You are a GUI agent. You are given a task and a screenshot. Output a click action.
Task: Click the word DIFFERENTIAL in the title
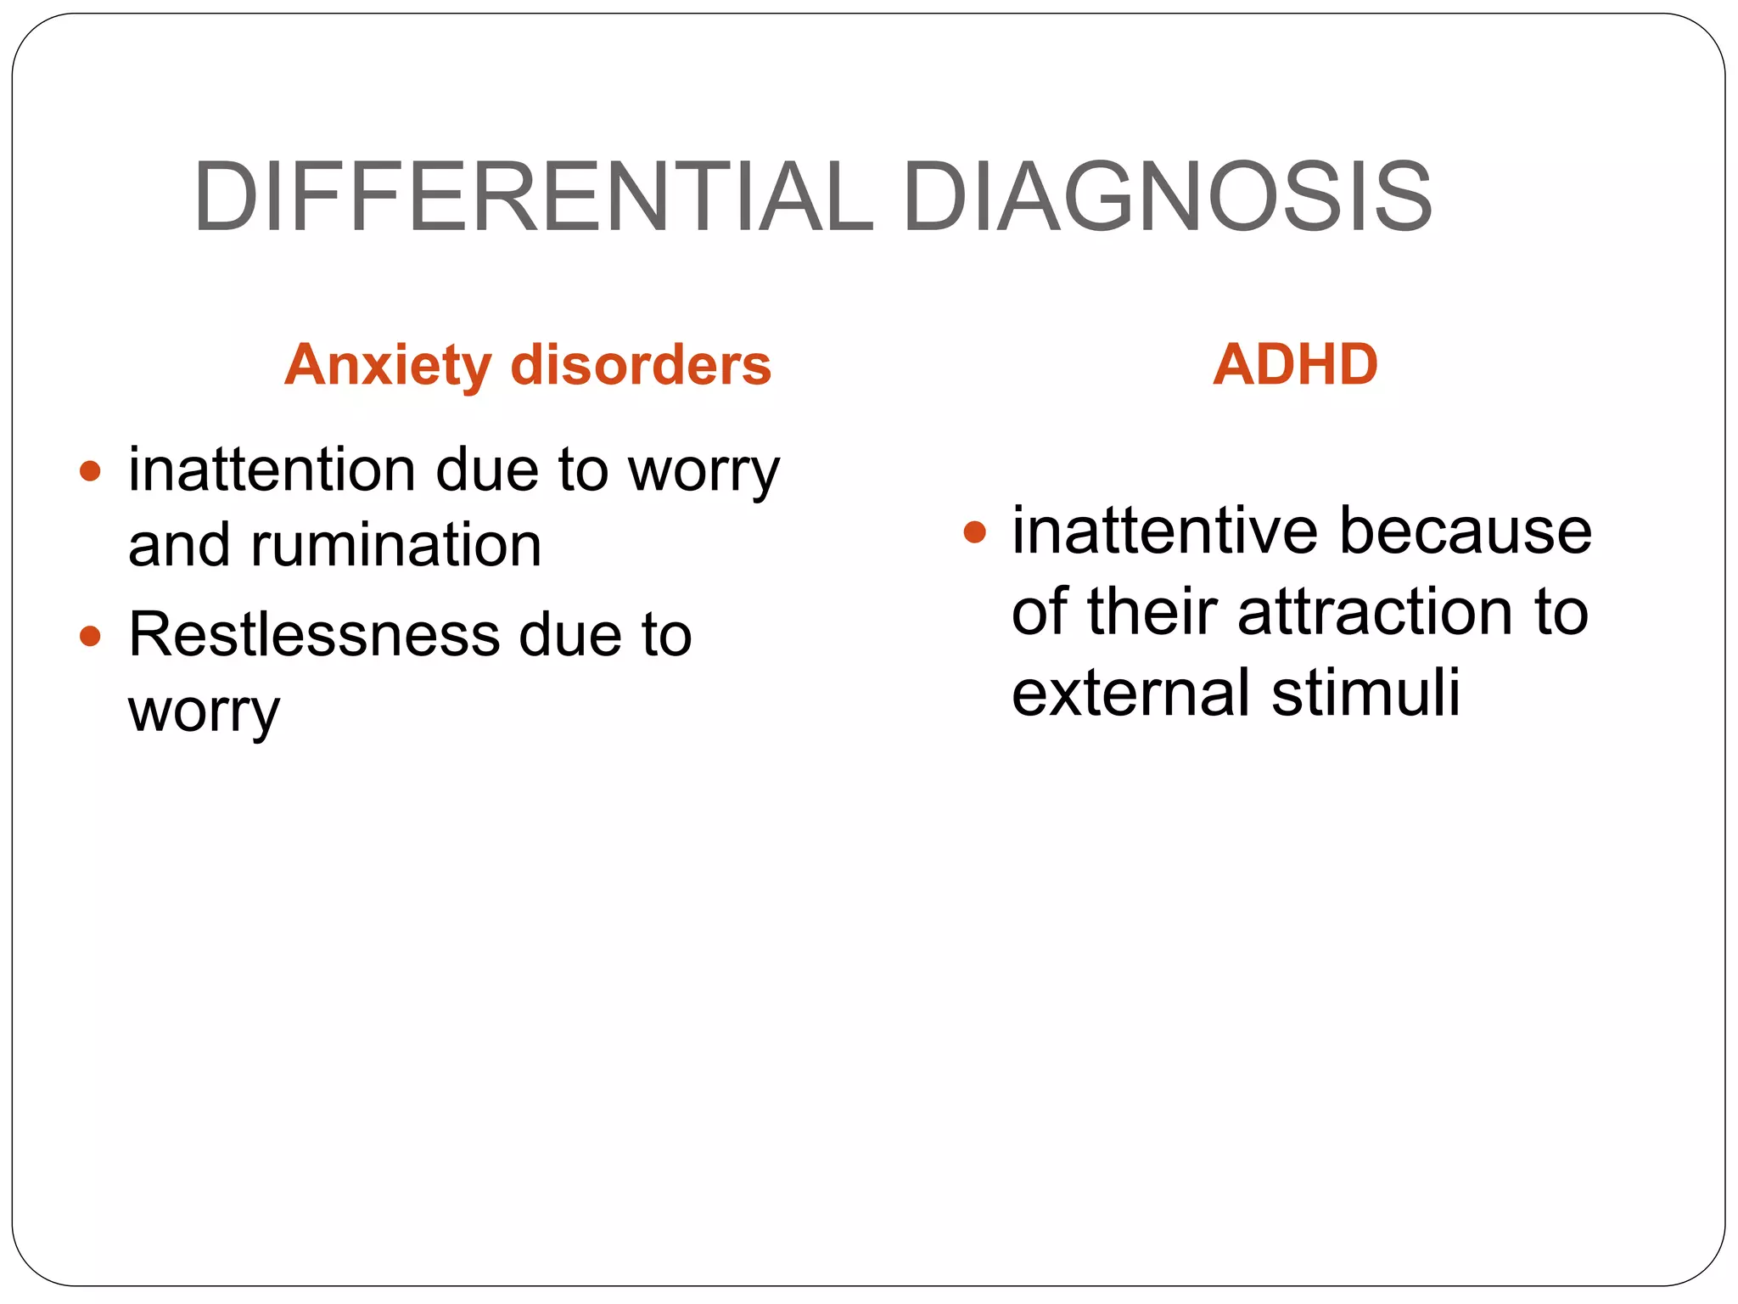tap(533, 197)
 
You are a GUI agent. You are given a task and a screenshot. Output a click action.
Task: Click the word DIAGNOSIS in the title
tap(1167, 197)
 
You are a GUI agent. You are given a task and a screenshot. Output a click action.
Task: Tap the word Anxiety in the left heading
tap(388, 366)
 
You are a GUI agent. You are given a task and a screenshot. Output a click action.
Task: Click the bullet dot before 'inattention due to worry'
tap(90, 470)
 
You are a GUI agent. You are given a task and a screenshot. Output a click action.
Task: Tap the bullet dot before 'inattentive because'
tap(975, 532)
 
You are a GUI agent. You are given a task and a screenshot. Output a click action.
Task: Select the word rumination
tap(395, 545)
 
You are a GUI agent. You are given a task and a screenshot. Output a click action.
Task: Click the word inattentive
tap(1165, 531)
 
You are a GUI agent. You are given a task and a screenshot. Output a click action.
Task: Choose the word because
tap(1465, 531)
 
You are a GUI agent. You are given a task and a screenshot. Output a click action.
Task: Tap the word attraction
tap(1375, 611)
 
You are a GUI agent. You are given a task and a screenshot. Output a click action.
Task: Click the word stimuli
tap(1365, 692)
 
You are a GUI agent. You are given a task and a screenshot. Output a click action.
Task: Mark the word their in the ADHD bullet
tap(1152, 611)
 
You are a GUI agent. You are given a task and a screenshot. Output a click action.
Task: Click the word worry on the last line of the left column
tap(204, 712)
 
